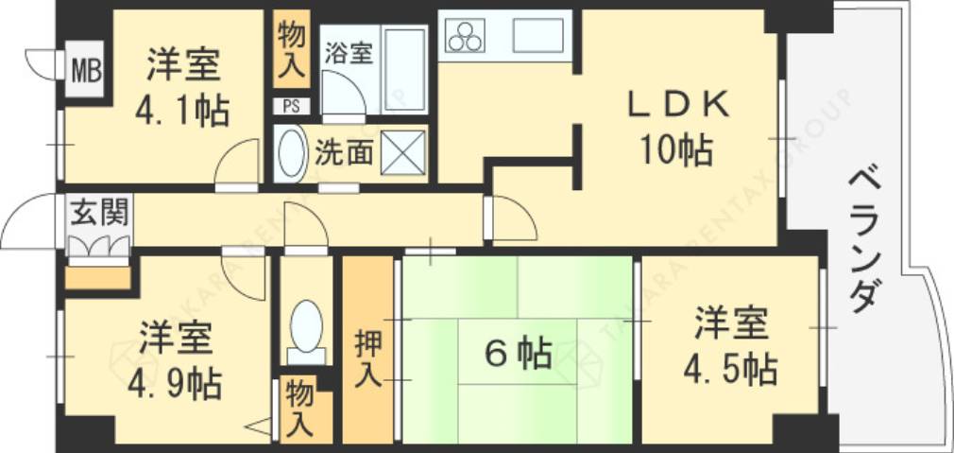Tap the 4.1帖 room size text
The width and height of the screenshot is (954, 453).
[183, 113]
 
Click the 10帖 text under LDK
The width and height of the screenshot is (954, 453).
[674, 150]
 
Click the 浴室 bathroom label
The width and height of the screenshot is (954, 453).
[349, 54]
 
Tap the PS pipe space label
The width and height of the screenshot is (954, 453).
[289, 106]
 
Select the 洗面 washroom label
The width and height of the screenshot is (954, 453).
[344, 152]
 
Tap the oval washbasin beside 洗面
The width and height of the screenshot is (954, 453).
[291, 154]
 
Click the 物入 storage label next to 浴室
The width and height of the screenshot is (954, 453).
[291, 48]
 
